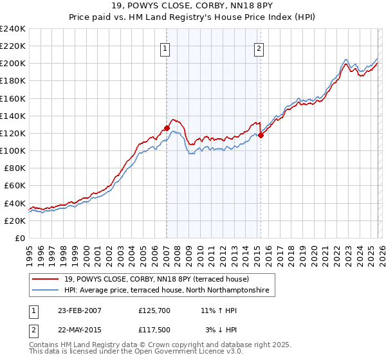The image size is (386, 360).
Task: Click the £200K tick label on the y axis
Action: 13,64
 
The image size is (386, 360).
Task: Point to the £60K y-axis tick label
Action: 15,185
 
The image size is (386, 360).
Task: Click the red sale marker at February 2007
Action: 167,128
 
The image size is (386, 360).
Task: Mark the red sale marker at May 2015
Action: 261,135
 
